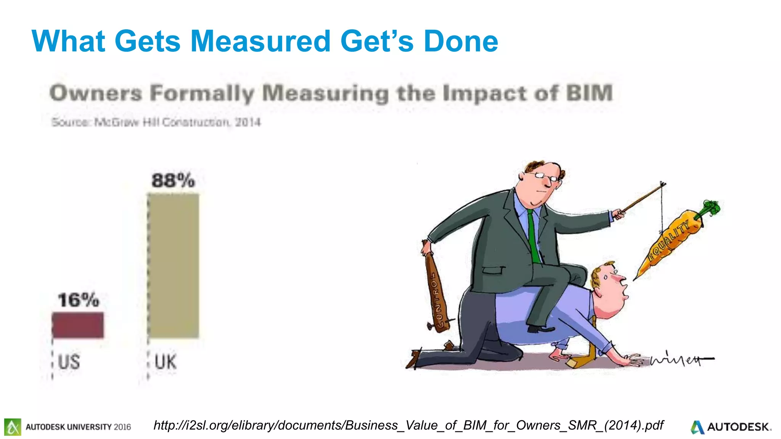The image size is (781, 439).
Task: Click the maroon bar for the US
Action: (78, 325)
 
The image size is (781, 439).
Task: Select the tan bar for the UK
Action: (173, 266)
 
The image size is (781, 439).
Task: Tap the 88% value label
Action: (173, 180)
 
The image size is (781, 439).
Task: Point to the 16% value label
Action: (78, 300)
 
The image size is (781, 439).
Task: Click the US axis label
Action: (69, 362)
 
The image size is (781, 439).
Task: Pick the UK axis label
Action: (166, 362)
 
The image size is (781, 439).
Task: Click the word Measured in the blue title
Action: (260, 41)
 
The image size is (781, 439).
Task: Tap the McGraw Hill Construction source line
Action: (156, 122)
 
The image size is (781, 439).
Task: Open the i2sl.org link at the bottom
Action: (408, 425)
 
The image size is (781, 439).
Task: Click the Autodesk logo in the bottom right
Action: (730, 427)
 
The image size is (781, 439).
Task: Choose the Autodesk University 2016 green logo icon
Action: (13, 427)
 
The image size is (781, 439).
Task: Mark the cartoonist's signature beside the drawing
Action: (679, 359)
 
